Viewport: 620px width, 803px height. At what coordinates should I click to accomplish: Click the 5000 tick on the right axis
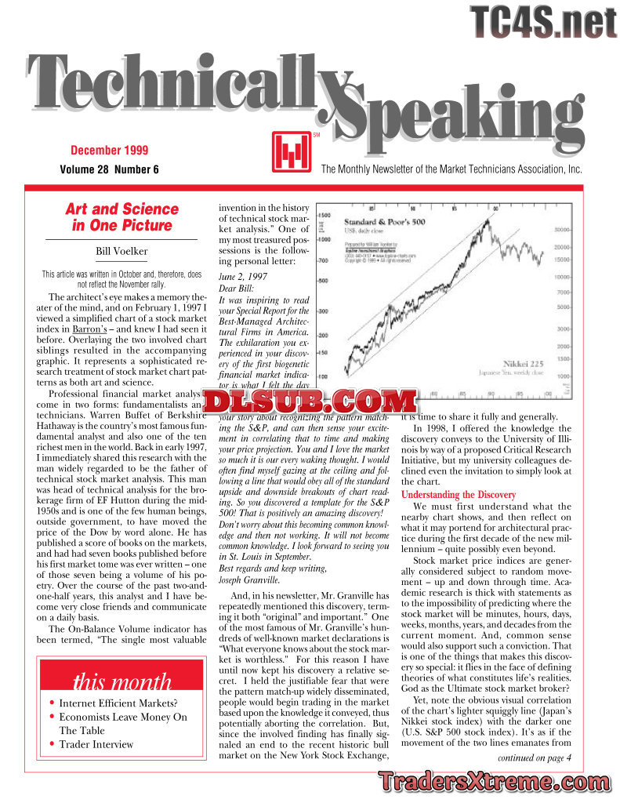click(x=564, y=307)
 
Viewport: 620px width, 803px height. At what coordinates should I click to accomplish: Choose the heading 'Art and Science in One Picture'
click(x=121, y=217)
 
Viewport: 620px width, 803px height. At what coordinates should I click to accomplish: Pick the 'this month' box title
click(x=121, y=681)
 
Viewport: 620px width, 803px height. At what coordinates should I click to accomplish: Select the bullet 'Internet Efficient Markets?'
click(x=118, y=703)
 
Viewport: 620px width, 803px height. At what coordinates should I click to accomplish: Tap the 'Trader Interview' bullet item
click(x=96, y=743)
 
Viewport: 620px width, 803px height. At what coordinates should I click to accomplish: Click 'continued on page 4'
click(x=535, y=758)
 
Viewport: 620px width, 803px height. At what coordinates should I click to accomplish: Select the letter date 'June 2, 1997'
click(x=243, y=276)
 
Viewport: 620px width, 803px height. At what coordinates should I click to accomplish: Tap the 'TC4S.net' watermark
click(x=544, y=21)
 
